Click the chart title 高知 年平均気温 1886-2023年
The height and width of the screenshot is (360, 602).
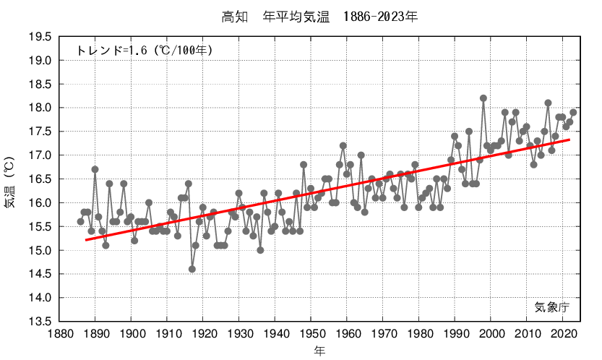click(319, 16)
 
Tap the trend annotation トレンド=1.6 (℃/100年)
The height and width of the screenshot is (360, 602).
click(145, 50)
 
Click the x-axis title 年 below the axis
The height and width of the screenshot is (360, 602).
click(319, 351)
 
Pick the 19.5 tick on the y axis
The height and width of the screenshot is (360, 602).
click(39, 37)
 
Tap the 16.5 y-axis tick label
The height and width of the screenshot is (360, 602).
click(39, 179)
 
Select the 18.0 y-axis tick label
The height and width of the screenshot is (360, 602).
click(39, 108)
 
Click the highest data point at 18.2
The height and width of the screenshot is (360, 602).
click(483, 98)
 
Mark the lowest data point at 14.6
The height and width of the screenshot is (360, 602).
click(192, 269)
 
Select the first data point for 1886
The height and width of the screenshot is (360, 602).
click(81, 222)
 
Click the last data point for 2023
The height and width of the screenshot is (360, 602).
click(573, 112)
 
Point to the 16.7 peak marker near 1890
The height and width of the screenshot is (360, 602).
click(95, 169)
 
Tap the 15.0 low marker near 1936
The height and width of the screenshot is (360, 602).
click(260, 250)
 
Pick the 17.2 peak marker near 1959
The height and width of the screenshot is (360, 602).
click(343, 146)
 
